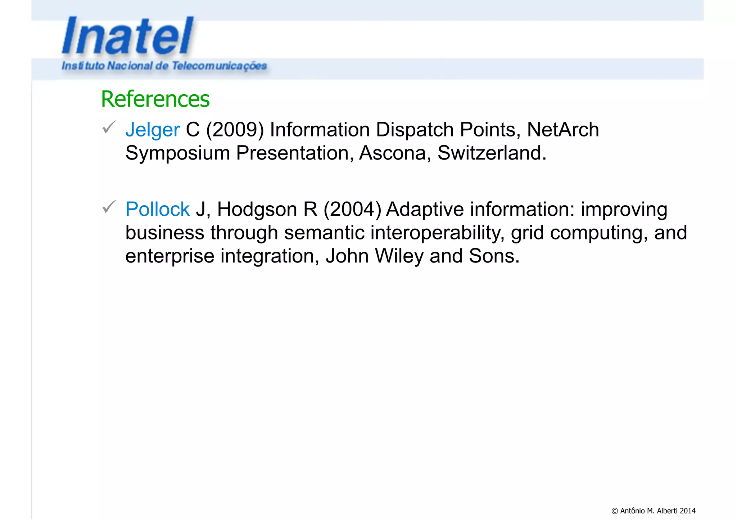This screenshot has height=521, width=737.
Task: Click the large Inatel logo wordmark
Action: click(128, 36)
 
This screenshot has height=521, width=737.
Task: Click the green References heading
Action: click(155, 99)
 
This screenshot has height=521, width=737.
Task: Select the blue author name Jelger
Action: click(152, 130)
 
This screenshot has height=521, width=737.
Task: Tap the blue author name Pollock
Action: click(157, 209)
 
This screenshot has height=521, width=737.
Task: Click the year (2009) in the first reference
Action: click(235, 130)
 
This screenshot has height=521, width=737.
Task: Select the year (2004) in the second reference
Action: click(352, 209)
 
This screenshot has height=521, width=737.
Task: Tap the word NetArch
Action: click(563, 130)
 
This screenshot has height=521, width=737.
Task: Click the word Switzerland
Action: click(492, 153)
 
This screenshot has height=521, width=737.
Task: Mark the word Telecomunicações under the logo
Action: click(219, 66)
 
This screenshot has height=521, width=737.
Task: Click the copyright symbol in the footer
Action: click(615, 511)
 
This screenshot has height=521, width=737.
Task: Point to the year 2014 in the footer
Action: click(688, 511)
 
